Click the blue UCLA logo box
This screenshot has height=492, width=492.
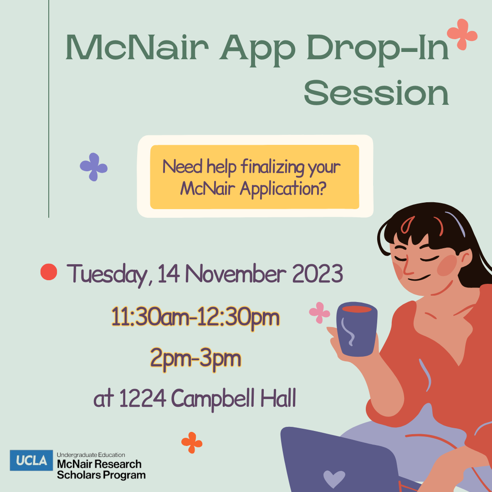31,460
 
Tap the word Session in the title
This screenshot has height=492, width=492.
376,93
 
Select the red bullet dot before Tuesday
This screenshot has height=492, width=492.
49,272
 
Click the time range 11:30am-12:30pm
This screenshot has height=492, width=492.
195,317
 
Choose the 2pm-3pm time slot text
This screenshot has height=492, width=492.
195,358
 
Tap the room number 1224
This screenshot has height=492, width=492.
143,398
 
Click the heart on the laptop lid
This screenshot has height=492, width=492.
334,478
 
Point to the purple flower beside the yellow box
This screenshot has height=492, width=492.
94,167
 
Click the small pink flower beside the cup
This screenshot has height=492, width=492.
319,313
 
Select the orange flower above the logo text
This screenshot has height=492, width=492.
192,443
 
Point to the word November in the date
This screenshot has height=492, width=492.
236,274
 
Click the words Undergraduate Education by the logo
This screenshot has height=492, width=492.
91,455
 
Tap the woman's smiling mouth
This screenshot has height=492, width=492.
419,278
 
